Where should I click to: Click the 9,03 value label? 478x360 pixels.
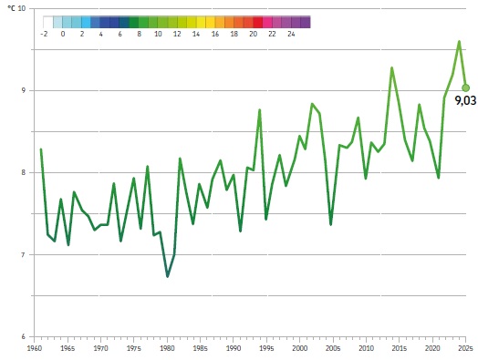pyautogui.click(x=465, y=100)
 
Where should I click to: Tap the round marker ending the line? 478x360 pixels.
pyautogui.click(x=465, y=87)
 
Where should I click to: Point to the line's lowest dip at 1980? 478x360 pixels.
pyautogui.click(x=167, y=276)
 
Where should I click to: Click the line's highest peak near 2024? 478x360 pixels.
pyautogui.click(x=459, y=41)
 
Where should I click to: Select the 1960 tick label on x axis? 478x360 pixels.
pyautogui.click(x=34, y=348)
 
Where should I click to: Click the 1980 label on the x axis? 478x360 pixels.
pyautogui.click(x=167, y=348)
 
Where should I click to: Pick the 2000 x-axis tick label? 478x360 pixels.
pyautogui.click(x=300, y=348)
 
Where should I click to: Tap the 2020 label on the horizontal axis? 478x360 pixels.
pyautogui.click(x=432, y=348)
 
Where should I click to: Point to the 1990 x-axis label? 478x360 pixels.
pyautogui.click(x=234, y=348)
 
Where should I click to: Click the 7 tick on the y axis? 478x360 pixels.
pyautogui.click(x=23, y=254)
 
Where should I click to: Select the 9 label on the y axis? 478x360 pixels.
pyautogui.click(x=23, y=90)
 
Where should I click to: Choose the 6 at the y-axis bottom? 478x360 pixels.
pyautogui.click(x=23, y=336)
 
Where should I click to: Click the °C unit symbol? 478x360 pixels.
pyautogui.click(x=11, y=8)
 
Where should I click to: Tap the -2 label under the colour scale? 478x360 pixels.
pyautogui.click(x=44, y=34)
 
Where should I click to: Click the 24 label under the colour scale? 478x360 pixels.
pyautogui.click(x=291, y=34)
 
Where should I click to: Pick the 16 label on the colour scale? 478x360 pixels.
pyautogui.click(x=215, y=34)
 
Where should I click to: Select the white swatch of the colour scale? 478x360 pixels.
pyautogui.click(x=47, y=22)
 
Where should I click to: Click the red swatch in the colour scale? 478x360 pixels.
pyautogui.click(x=257, y=22)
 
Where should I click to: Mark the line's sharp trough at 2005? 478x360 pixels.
pyautogui.click(x=331, y=224)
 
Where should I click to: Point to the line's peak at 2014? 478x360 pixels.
pyautogui.click(x=391, y=68)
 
